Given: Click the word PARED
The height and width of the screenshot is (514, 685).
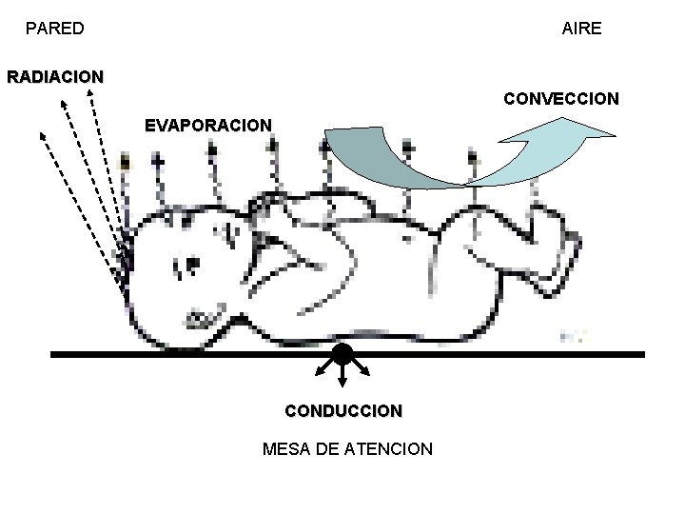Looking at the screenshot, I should pyautogui.click(x=54, y=29).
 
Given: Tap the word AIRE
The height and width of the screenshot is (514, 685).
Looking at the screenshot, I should pyautogui.click(x=581, y=29).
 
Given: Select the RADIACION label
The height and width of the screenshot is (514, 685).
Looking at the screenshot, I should pyautogui.click(x=55, y=76).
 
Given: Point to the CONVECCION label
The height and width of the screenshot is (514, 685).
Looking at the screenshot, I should pyautogui.click(x=561, y=99).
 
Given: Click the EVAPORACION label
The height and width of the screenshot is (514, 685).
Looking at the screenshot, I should pyautogui.click(x=207, y=125).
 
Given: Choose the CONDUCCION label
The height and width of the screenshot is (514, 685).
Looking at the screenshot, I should pyautogui.click(x=343, y=411).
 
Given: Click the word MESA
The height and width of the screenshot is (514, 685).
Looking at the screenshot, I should pyautogui.click(x=287, y=448).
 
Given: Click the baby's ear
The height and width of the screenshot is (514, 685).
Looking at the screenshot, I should pyautogui.click(x=231, y=233).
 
